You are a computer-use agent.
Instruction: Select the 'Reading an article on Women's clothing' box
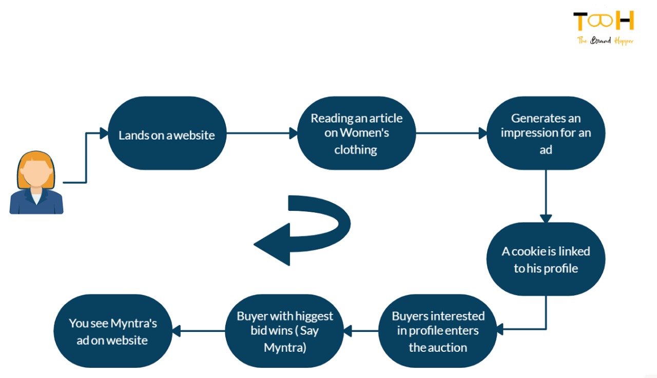357,133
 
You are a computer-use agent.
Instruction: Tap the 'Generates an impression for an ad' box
546,133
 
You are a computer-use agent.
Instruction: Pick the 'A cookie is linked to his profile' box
546,259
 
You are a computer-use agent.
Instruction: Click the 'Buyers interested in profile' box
438,331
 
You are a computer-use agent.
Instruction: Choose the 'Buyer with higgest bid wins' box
285,331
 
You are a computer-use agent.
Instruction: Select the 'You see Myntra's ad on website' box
113,331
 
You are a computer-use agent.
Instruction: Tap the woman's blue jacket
36,203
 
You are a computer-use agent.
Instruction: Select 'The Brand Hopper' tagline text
606,41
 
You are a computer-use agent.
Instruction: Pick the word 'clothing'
356,150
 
